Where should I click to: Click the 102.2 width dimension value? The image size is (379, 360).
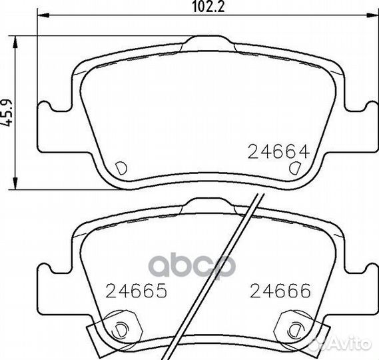pyautogui.click(x=208, y=7)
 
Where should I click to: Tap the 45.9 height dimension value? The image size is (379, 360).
pyautogui.click(x=7, y=113)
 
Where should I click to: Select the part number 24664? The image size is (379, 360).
pyautogui.click(x=278, y=152)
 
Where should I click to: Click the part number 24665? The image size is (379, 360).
pyautogui.click(x=137, y=290)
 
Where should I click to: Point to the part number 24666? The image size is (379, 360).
pyautogui.click(x=280, y=290)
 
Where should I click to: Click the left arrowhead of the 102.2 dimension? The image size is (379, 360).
pyautogui.click(x=43, y=16)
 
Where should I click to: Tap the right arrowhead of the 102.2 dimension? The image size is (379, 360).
pyautogui.click(x=372, y=16)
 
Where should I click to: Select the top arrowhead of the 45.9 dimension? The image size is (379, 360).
pyautogui.click(x=15, y=42)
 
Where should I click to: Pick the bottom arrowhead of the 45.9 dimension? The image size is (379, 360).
pyautogui.click(x=15, y=183)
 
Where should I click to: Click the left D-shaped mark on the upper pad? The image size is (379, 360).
pyautogui.click(x=121, y=168)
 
